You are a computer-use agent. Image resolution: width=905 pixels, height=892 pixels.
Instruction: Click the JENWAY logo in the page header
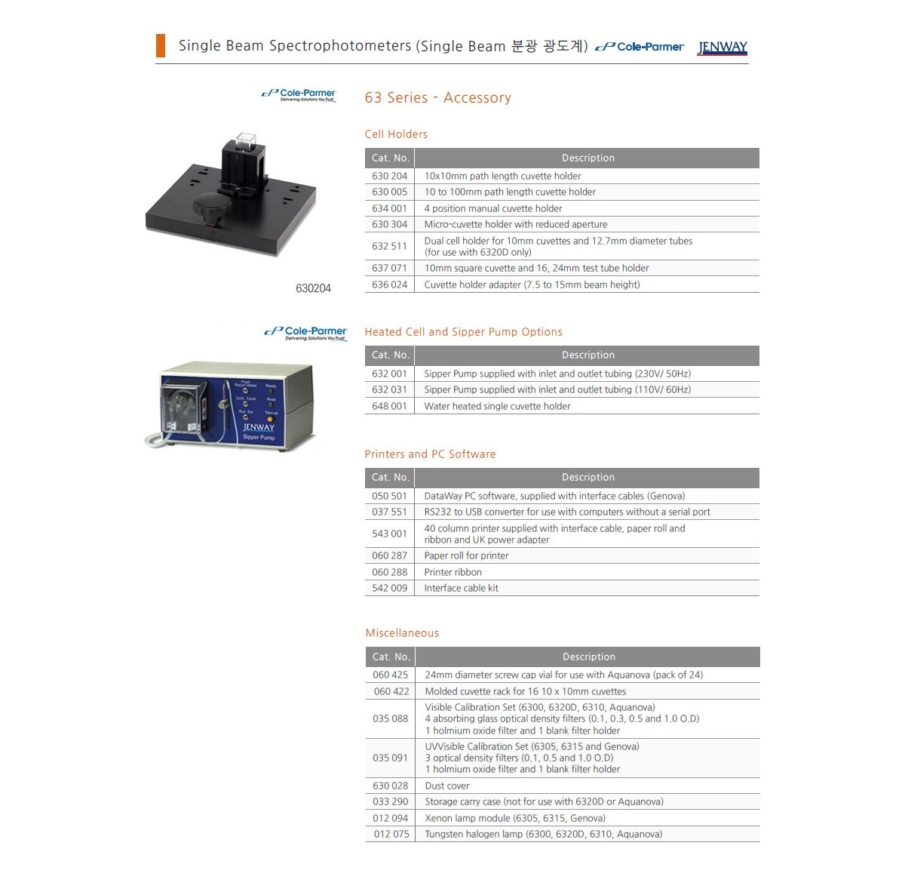point(722,48)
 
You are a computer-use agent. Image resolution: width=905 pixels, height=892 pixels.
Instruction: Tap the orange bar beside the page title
point(160,45)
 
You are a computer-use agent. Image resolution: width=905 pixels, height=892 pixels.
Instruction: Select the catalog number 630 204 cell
point(389,176)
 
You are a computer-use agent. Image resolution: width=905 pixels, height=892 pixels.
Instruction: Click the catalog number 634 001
point(389,208)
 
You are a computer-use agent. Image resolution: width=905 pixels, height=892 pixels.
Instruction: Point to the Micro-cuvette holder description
point(516,224)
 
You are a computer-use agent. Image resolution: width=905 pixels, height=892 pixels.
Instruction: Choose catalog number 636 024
point(389,285)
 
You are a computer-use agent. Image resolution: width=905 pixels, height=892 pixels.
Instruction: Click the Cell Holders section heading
point(396,134)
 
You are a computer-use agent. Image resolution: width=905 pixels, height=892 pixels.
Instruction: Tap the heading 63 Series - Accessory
point(437,97)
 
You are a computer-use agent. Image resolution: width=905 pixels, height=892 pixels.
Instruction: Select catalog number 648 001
point(389,406)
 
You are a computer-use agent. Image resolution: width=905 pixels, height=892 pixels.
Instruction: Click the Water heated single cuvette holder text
point(497,406)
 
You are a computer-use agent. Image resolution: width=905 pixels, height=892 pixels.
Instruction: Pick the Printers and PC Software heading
point(430,454)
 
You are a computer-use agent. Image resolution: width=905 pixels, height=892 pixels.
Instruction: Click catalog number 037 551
point(389,512)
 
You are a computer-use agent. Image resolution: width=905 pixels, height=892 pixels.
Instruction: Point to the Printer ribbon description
point(452,572)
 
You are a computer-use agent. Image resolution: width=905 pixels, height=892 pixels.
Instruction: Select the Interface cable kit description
point(462,588)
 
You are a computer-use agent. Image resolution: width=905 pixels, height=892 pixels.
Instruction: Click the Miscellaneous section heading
point(402,633)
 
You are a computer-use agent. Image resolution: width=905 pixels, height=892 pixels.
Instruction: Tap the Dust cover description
point(447,786)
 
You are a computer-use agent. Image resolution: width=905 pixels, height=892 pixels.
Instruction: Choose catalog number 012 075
point(391,834)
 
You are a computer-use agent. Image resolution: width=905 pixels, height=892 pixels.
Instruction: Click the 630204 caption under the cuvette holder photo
point(313,288)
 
